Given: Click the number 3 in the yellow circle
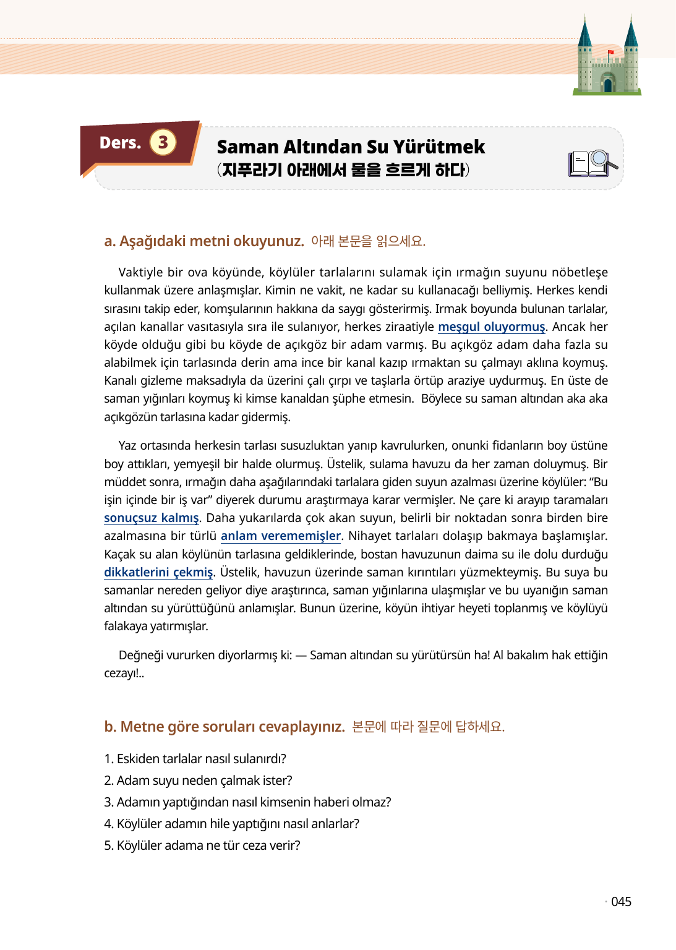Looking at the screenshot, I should (x=163, y=142).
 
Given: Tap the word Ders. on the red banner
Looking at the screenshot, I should (x=120, y=143).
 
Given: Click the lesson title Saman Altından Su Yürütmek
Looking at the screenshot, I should (x=351, y=147).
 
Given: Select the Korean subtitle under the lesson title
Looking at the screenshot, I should (x=343, y=169).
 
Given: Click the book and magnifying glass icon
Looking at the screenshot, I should (x=593, y=163).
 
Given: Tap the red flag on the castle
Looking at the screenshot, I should (x=610, y=53).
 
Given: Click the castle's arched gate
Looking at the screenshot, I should (x=607, y=84).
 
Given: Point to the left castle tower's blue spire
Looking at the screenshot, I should (x=585, y=33).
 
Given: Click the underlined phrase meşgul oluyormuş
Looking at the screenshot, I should (x=492, y=327).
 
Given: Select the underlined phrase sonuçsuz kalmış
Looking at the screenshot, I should (x=152, y=518).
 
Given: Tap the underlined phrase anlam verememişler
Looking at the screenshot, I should (x=281, y=536).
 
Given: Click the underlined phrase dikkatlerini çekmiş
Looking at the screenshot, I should (x=158, y=572).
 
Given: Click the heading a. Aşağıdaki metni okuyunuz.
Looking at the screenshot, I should (x=204, y=241).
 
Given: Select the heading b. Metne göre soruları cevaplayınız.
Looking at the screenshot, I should (x=225, y=726).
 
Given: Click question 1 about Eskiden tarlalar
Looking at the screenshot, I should (x=195, y=759).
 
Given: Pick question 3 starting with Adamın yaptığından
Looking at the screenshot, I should (x=247, y=802).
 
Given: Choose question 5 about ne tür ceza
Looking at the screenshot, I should (x=202, y=845).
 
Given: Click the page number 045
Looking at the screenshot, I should (x=621, y=902).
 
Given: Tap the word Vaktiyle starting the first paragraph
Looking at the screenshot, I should (x=140, y=272).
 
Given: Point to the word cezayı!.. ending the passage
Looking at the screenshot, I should (x=124, y=673).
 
